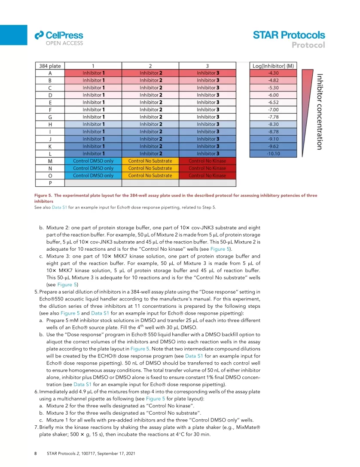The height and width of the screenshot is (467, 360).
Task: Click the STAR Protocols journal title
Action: [289, 35]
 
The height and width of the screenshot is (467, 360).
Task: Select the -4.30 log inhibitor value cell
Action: [272, 73]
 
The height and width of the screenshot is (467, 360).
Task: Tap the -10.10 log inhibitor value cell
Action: [272, 154]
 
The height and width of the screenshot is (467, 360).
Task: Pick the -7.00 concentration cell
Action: [272, 110]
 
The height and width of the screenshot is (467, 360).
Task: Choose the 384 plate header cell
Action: [50, 66]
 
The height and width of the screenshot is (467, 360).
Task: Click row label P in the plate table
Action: [50, 183]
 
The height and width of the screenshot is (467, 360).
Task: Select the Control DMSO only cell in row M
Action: [93, 161]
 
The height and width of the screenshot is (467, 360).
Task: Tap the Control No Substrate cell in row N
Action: [150, 168]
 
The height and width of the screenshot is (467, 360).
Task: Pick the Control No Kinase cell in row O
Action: [207, 176]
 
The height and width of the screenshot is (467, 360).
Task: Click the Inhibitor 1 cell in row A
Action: [93, 73]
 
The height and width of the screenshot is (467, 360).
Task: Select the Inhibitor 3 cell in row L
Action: [207, 154]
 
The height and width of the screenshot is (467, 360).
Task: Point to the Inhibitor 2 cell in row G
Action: [150, 117]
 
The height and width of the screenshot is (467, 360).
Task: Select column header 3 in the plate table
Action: [207, 66]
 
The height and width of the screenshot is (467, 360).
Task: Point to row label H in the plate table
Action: [50, 124]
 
